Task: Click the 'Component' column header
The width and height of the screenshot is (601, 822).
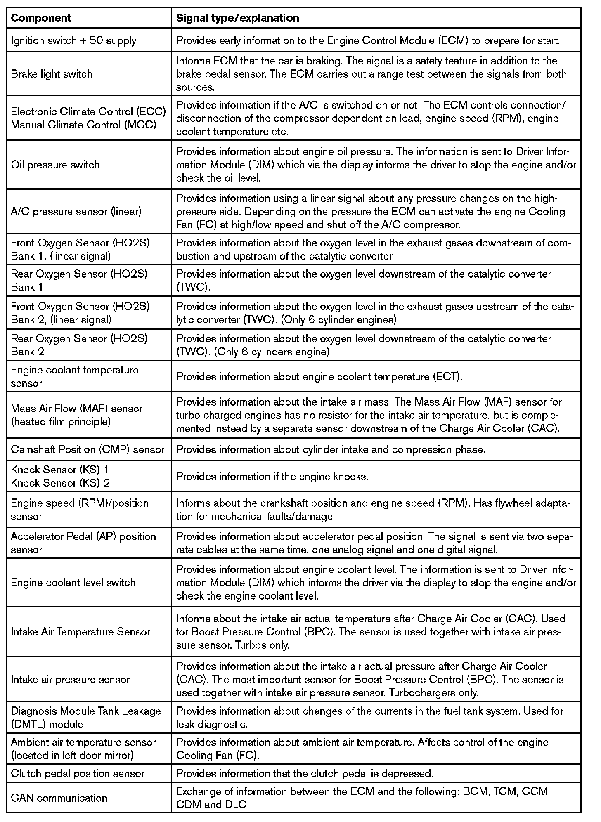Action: point(41,18)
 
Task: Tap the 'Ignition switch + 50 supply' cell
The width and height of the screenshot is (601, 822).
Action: point(73,40)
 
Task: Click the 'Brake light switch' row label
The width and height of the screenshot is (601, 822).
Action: point(52,74)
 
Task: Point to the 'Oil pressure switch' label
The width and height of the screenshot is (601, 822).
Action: point(55,165)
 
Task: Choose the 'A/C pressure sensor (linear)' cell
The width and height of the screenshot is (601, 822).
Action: point(76,211)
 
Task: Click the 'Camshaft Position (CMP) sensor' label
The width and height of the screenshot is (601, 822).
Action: point(88,449)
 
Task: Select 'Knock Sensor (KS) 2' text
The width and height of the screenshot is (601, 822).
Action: point(60,483)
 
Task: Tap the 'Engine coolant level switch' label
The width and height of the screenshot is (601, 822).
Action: point(73,583)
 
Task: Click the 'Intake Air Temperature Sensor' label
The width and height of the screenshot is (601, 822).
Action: point(80,632)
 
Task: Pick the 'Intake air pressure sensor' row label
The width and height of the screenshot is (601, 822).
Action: point(71,679)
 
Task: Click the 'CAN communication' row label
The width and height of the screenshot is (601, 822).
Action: point(59,798)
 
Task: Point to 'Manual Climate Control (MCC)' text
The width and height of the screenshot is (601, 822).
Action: point(83,125)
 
